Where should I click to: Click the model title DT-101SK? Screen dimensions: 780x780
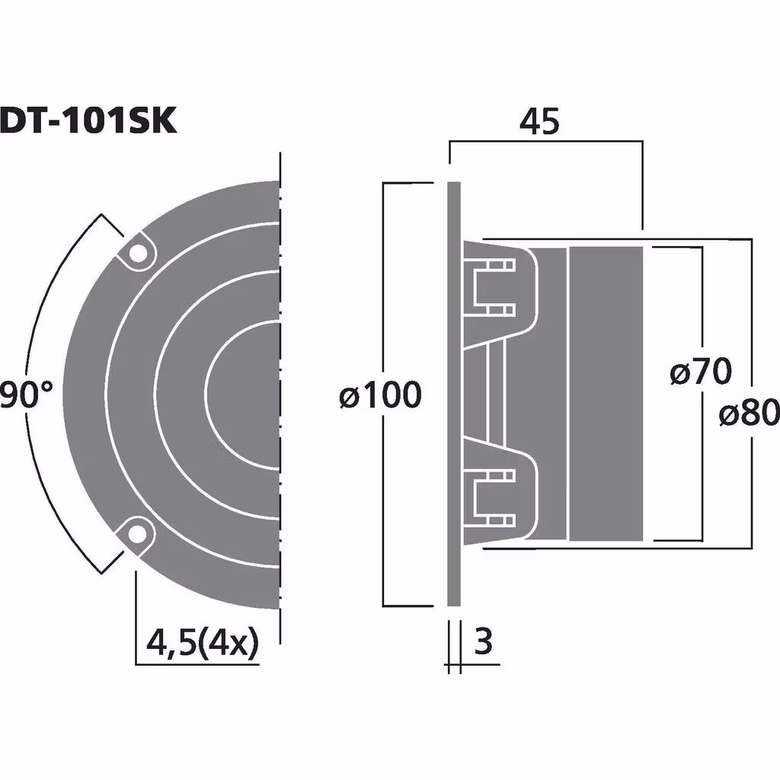pos(88,120)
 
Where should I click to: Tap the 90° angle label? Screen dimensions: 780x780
pos(27,396)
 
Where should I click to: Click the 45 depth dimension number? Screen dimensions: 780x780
pos(539,122)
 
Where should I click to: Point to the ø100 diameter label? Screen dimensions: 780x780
pos(380,396)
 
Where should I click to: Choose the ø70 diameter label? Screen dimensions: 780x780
pos(701,373)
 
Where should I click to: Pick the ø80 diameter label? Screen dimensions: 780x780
pos(749,414)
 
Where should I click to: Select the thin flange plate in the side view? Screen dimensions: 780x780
pos(453,394)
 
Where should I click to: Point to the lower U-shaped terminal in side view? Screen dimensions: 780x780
pos(494,499)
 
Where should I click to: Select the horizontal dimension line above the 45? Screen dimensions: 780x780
pos(545,142)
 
